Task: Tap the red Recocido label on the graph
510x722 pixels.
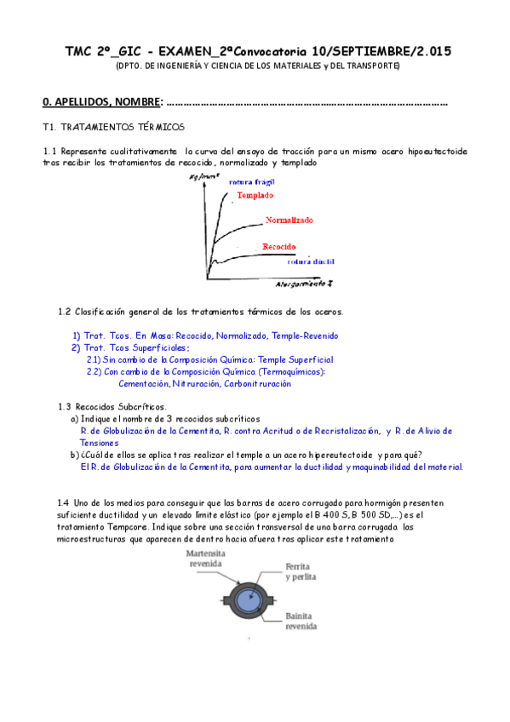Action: click(x=279, y=246)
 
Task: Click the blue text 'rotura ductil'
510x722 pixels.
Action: click(x=288, y=262)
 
